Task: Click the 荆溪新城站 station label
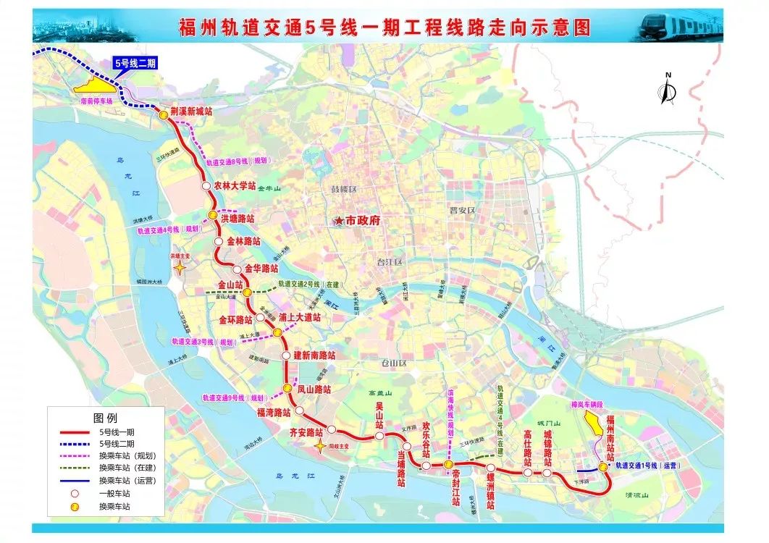tap(192, 111)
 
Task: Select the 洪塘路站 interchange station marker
tap(213, 216)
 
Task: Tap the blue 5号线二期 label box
tap(141, 63)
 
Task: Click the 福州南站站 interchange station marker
tap(602, 467)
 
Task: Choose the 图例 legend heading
tap(104, 418)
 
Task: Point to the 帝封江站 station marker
tap(449, 464)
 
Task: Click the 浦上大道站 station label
tap(299, 317)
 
